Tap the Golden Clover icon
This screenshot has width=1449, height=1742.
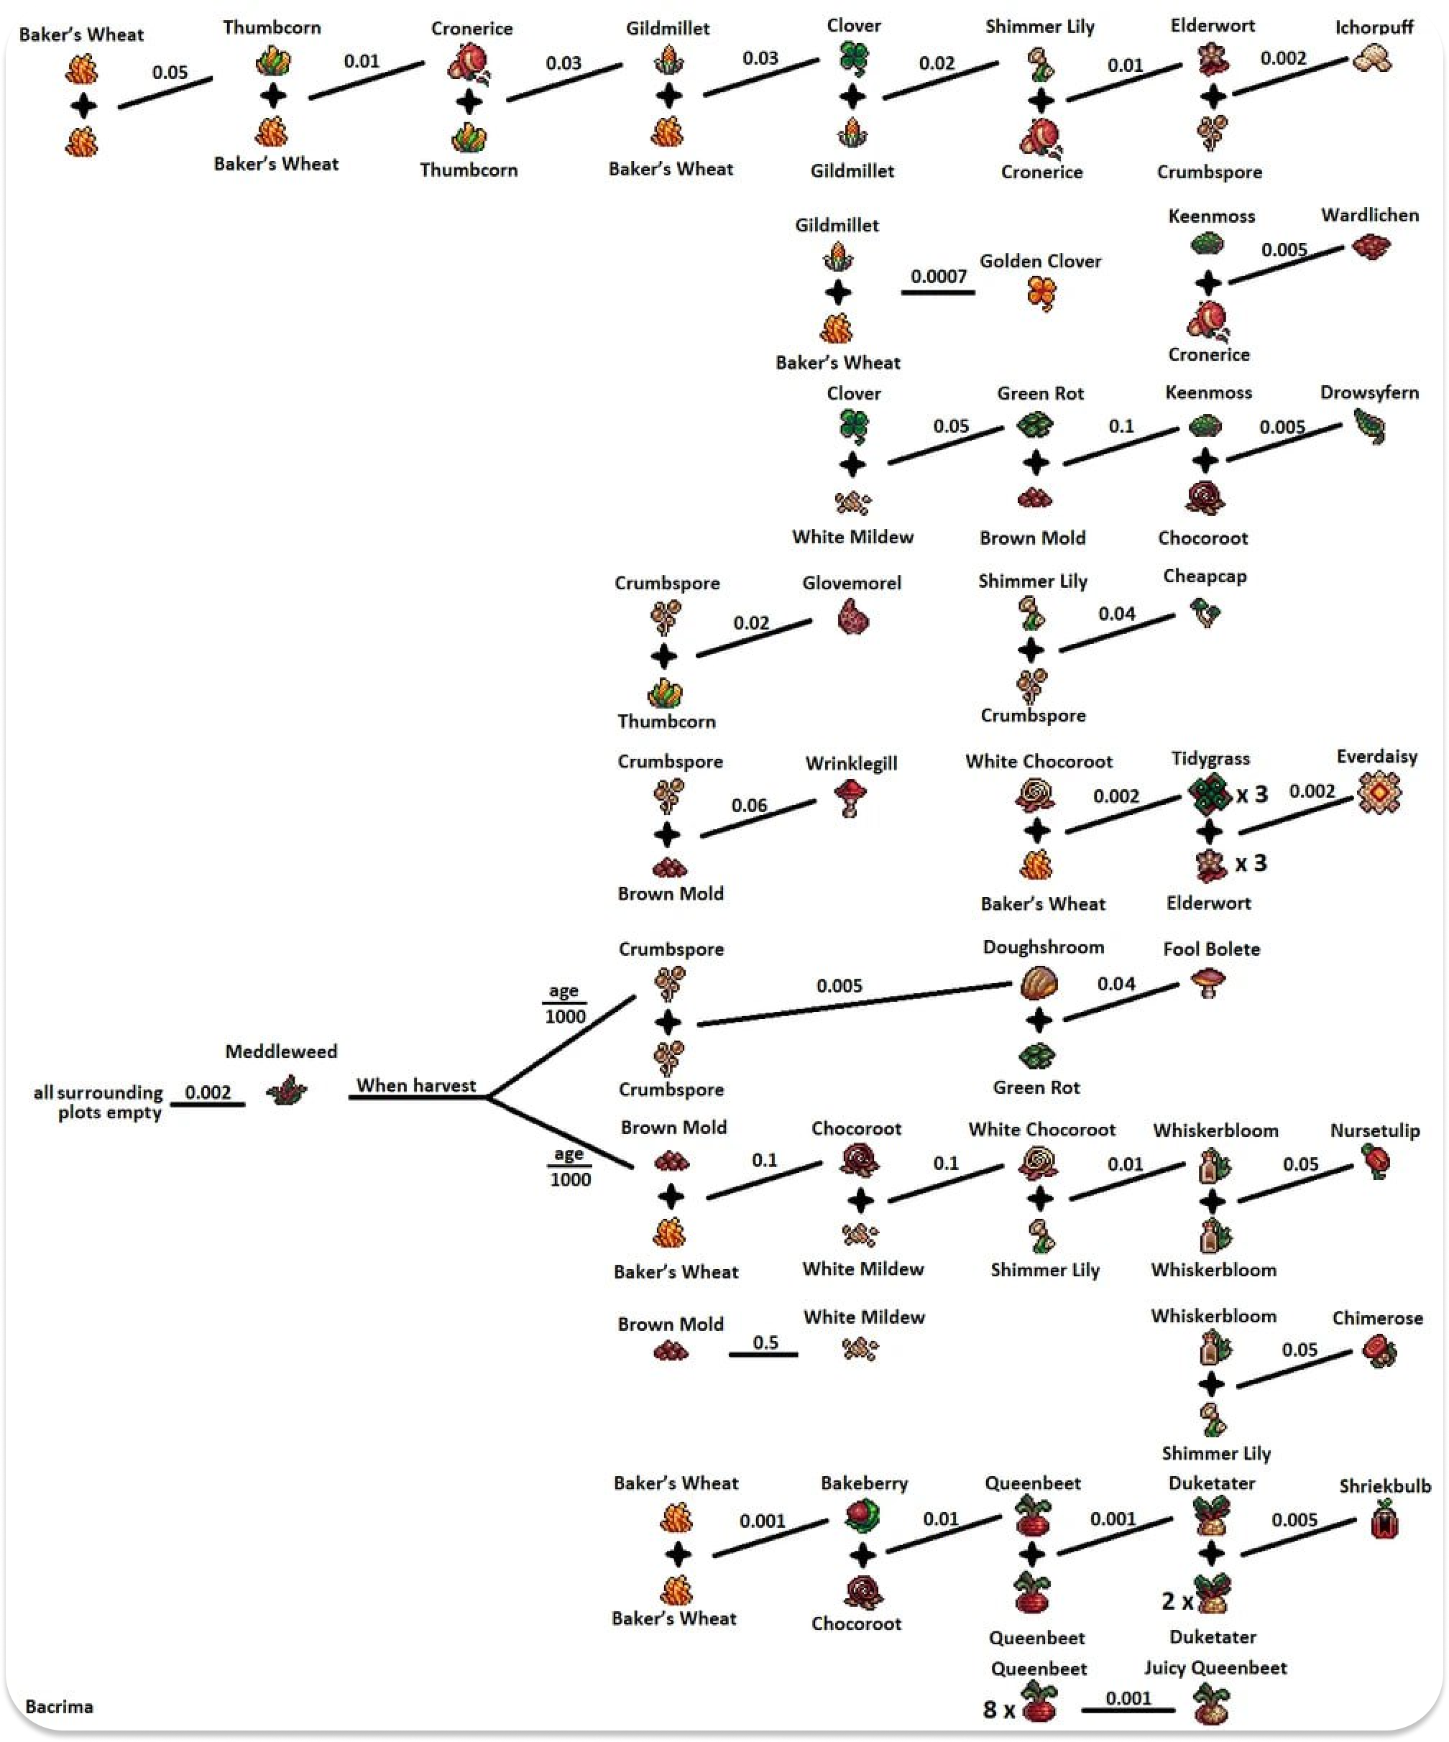(1041, 292)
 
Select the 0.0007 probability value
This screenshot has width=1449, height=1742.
(938, 275)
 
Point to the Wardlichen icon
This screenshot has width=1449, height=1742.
(1371, 246)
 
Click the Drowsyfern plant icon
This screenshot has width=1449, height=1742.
(1369, 426)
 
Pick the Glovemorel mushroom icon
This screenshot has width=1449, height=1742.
(852, 618)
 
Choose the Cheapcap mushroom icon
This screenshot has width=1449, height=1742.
(1205, 612)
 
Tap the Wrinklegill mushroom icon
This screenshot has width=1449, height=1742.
(850, 798)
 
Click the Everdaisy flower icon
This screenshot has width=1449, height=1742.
(1379, 792)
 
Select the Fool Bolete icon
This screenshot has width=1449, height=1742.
(1207, 983)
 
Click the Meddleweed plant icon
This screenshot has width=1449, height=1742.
(287, 1090)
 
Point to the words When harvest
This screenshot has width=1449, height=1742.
(416, 1085)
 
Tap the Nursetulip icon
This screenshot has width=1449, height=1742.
(1376, 1161)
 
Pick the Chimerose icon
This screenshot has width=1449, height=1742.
(1379, 1351)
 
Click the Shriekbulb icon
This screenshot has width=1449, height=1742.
(1384, 1520)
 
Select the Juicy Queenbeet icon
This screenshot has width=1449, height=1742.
(1212, 1704)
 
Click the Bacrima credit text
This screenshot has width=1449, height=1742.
(59, 1706)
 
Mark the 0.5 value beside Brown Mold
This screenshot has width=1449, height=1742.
(765, 1342)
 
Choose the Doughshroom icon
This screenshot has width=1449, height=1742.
(1039, 985)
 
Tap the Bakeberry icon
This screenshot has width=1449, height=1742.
(862, 1516)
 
